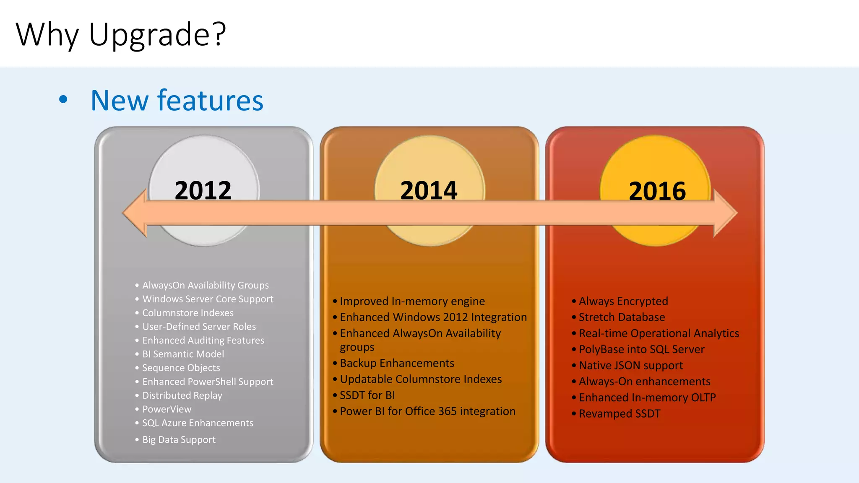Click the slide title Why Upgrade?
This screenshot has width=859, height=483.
(x=121, y=34)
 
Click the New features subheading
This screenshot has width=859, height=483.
(x=177, y=101)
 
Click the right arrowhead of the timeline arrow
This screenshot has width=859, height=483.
(x=724, y=213)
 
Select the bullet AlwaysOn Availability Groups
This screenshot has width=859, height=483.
(x=206, y=285)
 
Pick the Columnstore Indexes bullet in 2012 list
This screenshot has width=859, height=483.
(x=187, y=313)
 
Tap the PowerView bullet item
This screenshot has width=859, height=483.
(x=167, y=409)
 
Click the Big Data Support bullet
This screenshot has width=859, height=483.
(x=179, y=439)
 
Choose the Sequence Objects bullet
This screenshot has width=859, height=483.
(x=181, y=368)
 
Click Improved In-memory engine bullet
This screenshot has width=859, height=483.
(x=412, y=301)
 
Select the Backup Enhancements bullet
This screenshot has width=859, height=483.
(x=397, y=363)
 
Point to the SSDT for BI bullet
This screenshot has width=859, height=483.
(x=367, y=395)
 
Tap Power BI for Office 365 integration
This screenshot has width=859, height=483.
(x=427, y=411)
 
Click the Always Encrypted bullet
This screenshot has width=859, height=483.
(x=623, y=301)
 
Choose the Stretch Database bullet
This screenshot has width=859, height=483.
(x=622, y=317)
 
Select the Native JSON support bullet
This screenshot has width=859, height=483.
(x=630, y=365)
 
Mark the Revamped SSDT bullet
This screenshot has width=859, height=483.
(x=619, y=413)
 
